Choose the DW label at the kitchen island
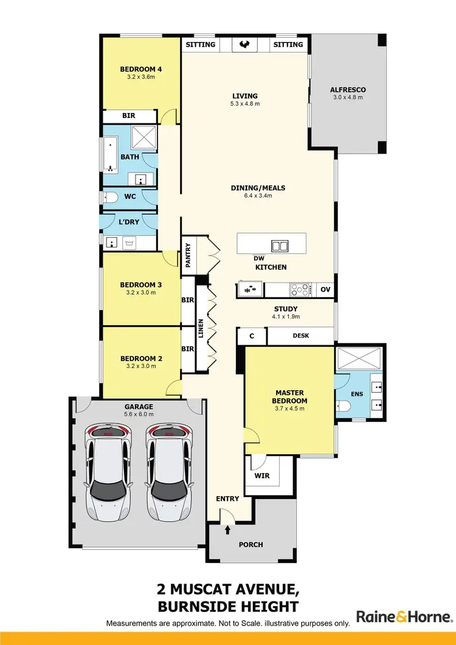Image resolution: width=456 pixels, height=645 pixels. pyautogui.click(x=259, y=258)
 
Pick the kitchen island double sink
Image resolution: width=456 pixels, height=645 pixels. pyautogui.click(x=280, y=246)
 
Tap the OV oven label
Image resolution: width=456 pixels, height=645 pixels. pyautogui.click(x=325, y=289)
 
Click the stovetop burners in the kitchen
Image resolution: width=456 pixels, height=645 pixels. pyautogui.click(x=301, y=290)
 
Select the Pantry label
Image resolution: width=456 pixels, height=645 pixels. pyautogui.click(x=188, y=255)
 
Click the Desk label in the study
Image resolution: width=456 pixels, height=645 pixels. pyautogui.click(x=302, y=335)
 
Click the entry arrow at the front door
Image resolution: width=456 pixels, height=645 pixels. pyautogui.click(x=228, y=529)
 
